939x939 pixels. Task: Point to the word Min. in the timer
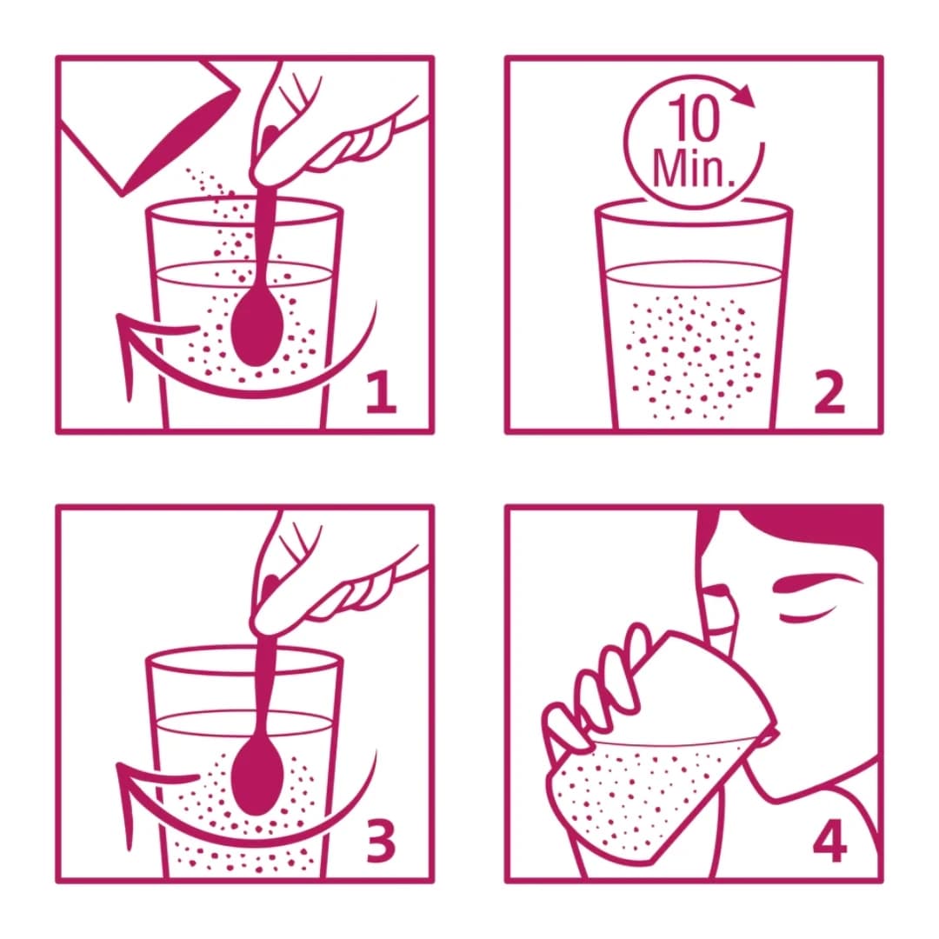point(693,168)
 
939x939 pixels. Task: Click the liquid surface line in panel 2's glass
point(693,268)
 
